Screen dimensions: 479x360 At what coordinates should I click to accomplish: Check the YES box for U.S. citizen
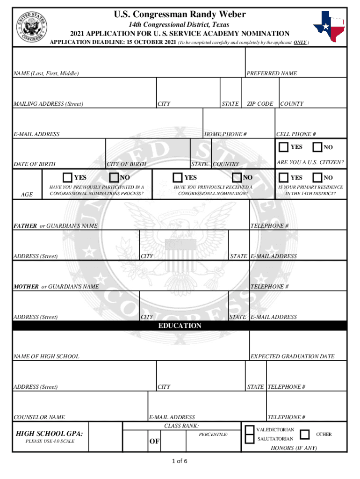pos(283,147)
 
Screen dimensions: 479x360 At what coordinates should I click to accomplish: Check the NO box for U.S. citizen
pos(317,147)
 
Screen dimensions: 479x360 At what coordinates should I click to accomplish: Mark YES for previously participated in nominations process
pos(67,178)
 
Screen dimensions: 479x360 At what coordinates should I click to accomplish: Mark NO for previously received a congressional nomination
pos(237,178)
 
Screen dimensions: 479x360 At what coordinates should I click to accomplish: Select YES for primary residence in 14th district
pos(283,178)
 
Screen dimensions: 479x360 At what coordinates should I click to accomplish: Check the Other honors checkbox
pos(304,435)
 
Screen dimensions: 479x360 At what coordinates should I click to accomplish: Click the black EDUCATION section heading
pos(180,326)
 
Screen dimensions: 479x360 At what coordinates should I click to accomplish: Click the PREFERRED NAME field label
pos(272,73)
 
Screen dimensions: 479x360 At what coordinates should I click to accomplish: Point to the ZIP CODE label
pos(260,104)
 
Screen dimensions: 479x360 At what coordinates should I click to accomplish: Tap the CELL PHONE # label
pos(296,134)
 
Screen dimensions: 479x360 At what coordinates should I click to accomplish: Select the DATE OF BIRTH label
pos(35,164)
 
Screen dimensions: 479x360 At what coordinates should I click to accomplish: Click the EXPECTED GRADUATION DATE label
pos(293,356)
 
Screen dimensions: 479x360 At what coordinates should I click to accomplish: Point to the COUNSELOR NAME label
pos(39,417)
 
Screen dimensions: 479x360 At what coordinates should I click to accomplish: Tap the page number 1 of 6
pos(180,462)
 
